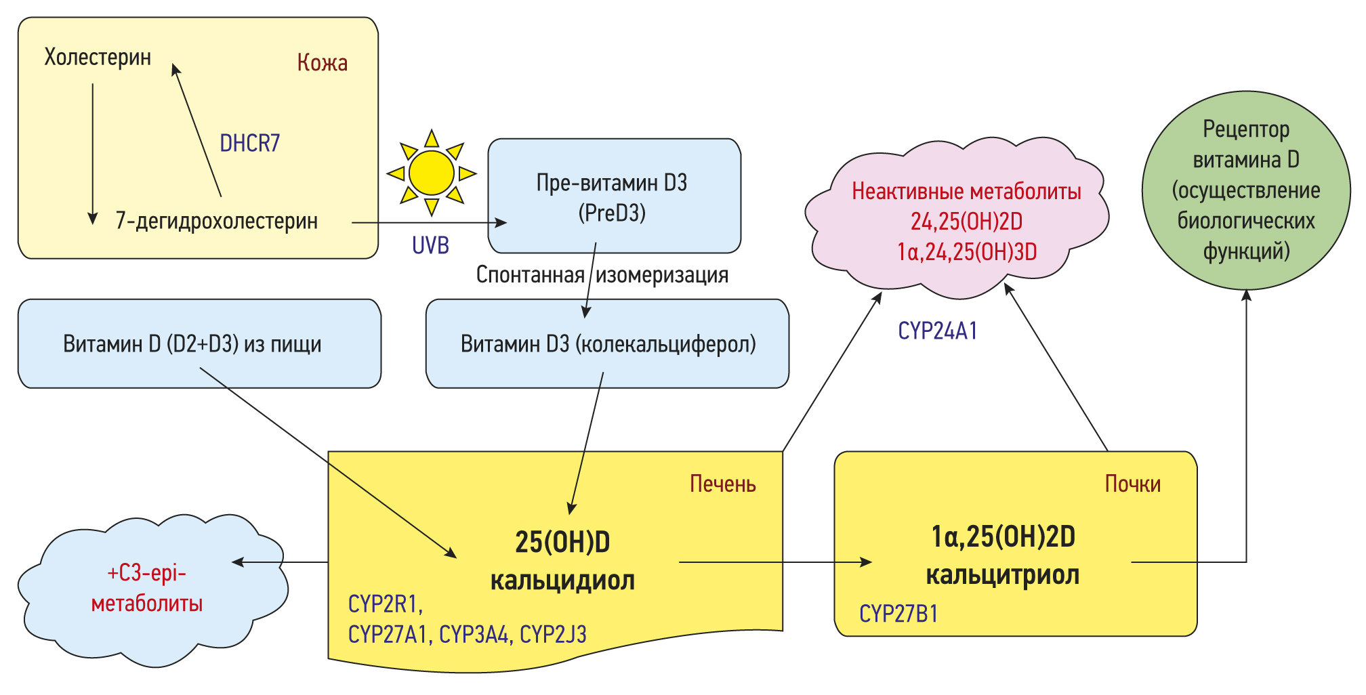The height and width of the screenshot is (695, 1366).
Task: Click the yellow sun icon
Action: point(431,173)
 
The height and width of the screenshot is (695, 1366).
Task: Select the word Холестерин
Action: point(98,57)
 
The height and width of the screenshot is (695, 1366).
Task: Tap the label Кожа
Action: point(322,63)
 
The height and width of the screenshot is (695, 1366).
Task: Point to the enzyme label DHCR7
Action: point(249,143)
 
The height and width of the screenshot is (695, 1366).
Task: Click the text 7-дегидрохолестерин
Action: point(216,221)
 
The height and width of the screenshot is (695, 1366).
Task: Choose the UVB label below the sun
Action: point(430,245)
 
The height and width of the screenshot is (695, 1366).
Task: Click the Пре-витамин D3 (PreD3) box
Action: point(613,196)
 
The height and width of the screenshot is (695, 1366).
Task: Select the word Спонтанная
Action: point(530,275)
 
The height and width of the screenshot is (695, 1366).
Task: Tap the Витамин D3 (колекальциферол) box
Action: point(607,344)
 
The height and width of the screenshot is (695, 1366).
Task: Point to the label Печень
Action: point(722,484)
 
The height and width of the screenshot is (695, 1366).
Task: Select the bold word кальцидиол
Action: point(562,581)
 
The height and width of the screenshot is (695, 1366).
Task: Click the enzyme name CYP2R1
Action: point(384,604)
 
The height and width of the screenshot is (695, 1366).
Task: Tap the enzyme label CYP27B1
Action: point(898,614)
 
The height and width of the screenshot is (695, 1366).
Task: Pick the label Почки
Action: point(1132,484)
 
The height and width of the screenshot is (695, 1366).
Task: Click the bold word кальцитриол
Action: point(1002,575)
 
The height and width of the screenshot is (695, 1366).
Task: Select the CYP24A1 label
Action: point(937,331)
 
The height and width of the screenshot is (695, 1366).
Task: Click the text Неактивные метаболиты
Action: point(966,192)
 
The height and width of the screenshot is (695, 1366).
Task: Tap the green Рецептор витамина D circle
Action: point(1245,190)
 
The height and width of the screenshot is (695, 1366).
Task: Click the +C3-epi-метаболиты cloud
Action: point(148,588)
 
